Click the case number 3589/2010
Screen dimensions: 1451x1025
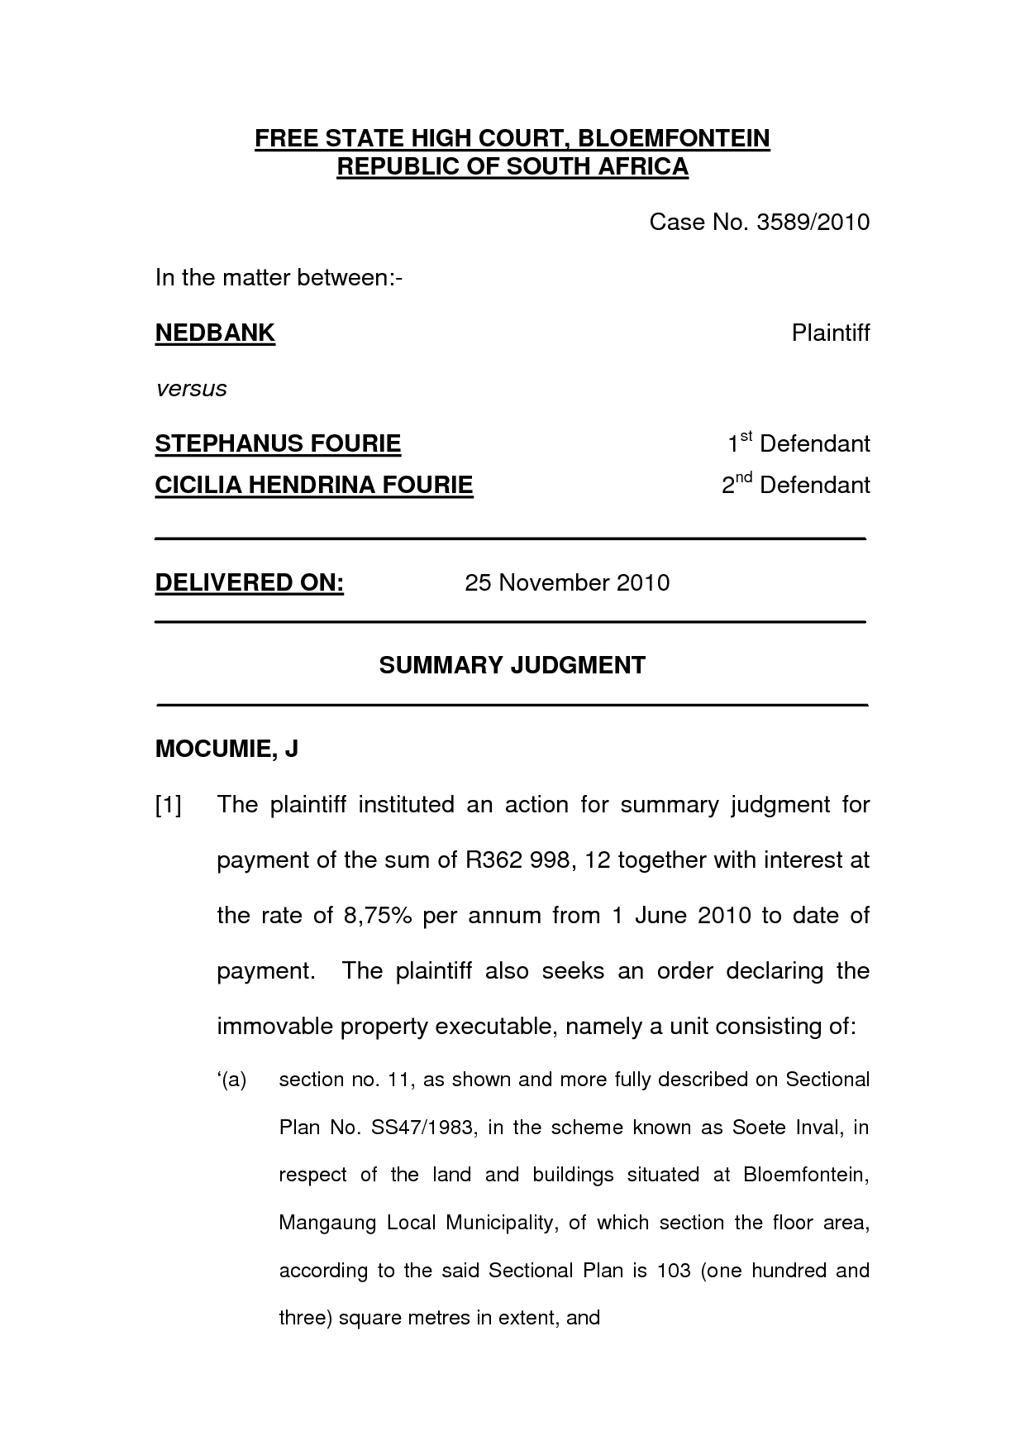point(813,222)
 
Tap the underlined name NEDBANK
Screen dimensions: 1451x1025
point(215,333)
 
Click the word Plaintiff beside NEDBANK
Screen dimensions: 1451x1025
point(830,333)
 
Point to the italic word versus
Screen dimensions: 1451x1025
point(191,389)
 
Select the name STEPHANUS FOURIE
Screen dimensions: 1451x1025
point(278,443)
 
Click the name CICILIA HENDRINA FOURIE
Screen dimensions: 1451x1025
point(314,484)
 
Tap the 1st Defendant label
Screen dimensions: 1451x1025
point(799,443)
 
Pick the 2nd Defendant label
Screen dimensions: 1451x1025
point(796,484)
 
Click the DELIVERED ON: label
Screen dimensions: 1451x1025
point(250,582)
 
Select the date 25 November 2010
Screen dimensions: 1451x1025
point(567,582)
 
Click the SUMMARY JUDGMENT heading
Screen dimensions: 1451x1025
point(512,665)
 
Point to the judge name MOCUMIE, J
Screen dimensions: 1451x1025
point(226,749)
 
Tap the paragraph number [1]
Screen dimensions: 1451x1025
point(168,804)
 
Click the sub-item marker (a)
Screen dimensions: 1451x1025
point(233,1080)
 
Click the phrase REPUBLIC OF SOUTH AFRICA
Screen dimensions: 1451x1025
point(512,166)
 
